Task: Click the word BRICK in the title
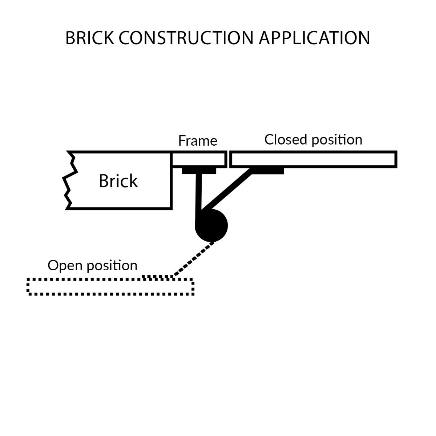(89, 38)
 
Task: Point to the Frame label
(198, 141)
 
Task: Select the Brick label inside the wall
(118, 181)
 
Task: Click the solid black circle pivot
(211, 226)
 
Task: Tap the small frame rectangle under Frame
(199, 160)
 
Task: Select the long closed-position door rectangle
(314, 160)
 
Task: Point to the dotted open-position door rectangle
(110, 287)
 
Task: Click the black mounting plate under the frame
(199, 171)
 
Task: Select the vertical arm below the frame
(198, 196)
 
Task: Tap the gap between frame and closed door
(229, 160)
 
